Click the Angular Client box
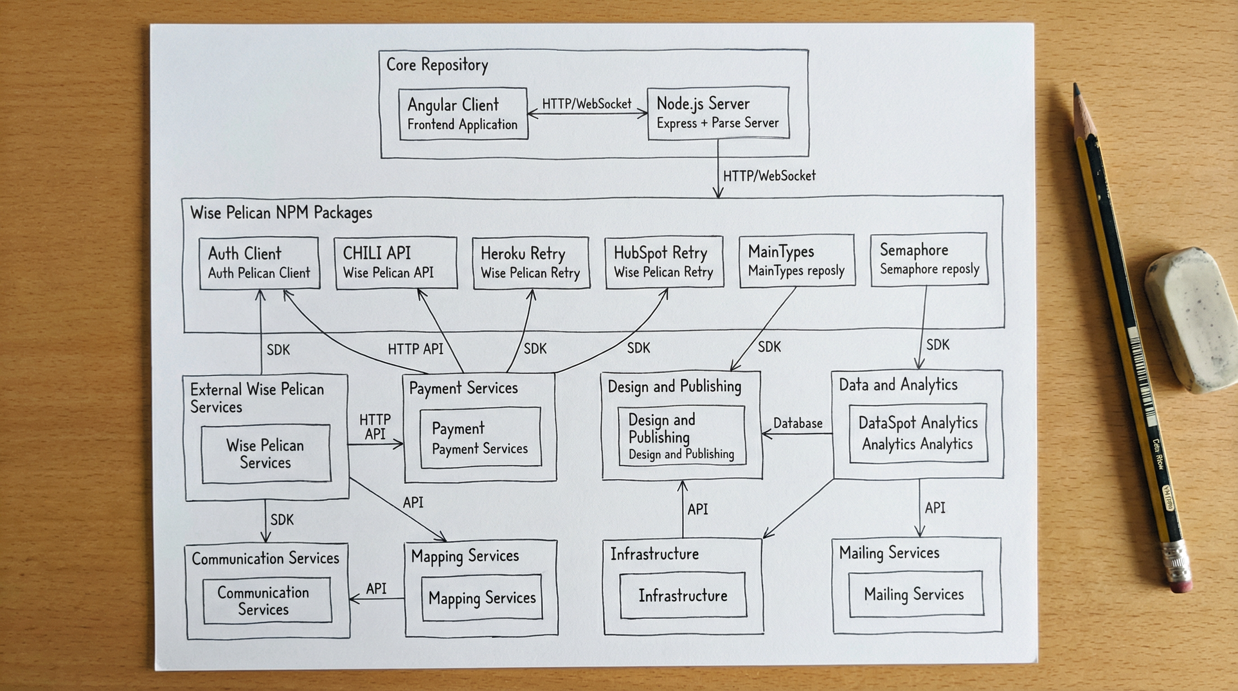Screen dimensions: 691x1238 pos(463,114)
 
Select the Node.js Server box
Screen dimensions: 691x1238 pos(718,113)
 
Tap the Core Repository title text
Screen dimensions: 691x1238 pos(437,65)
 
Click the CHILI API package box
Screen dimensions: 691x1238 pos(395,262)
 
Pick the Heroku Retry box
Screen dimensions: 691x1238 pos(530,262)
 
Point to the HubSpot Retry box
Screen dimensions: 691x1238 pos(664,262)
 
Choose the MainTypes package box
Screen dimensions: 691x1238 pos(796,261)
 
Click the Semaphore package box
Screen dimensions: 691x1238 pos(929,260)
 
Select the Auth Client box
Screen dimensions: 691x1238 pos(259,263)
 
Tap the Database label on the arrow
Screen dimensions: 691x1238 pos(797,423)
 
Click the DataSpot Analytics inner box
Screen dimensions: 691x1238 pos(918,433)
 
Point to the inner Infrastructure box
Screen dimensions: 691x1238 pos(682,595)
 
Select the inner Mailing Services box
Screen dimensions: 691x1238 pos(915,593)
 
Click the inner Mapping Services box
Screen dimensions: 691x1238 pos(481,597)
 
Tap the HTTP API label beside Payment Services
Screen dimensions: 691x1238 pos(375,427)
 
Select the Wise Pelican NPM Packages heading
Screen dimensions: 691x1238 pos(281,212)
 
